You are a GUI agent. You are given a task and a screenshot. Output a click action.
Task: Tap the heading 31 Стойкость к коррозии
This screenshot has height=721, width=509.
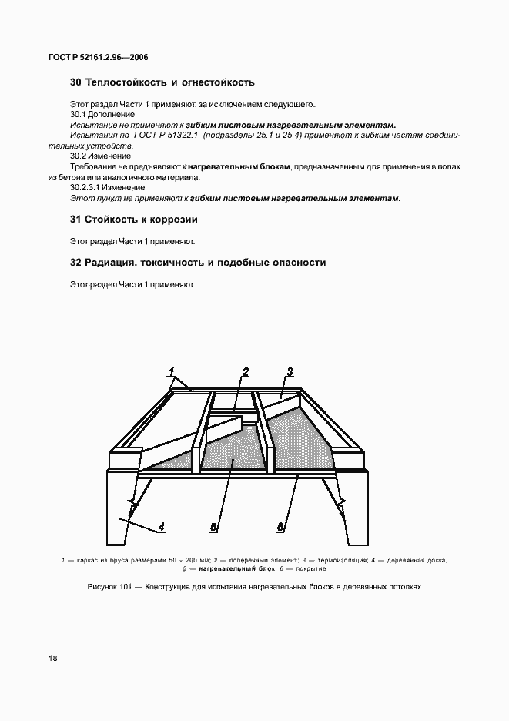pos(134,219)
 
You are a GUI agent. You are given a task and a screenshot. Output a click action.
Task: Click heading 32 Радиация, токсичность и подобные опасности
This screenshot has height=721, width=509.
pos(198,263)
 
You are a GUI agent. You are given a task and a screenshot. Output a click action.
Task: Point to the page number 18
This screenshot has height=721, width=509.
pos(52,658)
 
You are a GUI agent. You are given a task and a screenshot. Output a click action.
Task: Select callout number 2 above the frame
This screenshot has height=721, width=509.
pos(246,372)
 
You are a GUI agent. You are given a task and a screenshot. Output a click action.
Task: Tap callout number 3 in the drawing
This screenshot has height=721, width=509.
pos(290,372)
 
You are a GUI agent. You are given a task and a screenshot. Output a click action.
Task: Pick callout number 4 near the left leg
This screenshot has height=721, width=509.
pos(162,528)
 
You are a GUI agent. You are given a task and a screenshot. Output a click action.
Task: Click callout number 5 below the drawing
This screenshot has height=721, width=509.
pos(214,528)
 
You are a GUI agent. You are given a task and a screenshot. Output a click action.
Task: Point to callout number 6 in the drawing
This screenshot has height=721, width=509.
pos(282,528)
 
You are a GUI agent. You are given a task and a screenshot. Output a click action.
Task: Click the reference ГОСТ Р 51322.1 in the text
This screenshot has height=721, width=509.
pos(165,135)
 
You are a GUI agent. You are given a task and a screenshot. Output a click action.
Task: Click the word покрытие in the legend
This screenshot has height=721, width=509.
pos(309,569)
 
